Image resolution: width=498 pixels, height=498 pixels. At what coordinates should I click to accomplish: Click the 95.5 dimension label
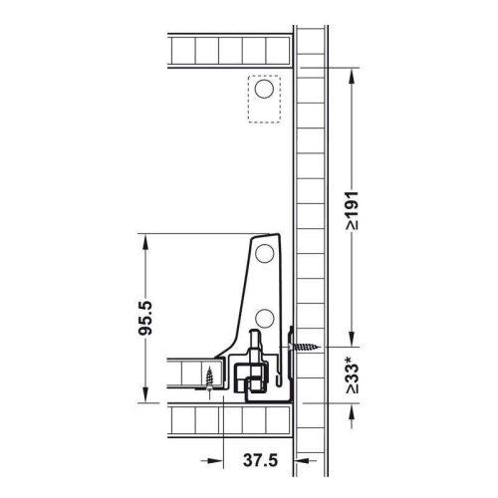[145, 318]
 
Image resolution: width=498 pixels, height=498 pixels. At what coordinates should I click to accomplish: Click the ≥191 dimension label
[352, 210]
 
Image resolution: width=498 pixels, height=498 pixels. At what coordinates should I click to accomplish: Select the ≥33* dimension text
[352, 374]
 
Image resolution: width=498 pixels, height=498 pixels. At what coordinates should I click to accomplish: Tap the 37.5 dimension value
[260, 460]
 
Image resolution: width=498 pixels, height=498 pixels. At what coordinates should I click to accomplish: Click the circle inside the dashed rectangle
[264, 89]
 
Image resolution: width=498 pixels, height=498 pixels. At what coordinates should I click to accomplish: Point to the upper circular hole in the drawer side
[265, 254]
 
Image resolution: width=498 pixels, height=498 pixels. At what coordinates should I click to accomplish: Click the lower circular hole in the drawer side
[265, 319]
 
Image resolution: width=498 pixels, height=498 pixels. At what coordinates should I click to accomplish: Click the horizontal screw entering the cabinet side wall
[305, 348]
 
